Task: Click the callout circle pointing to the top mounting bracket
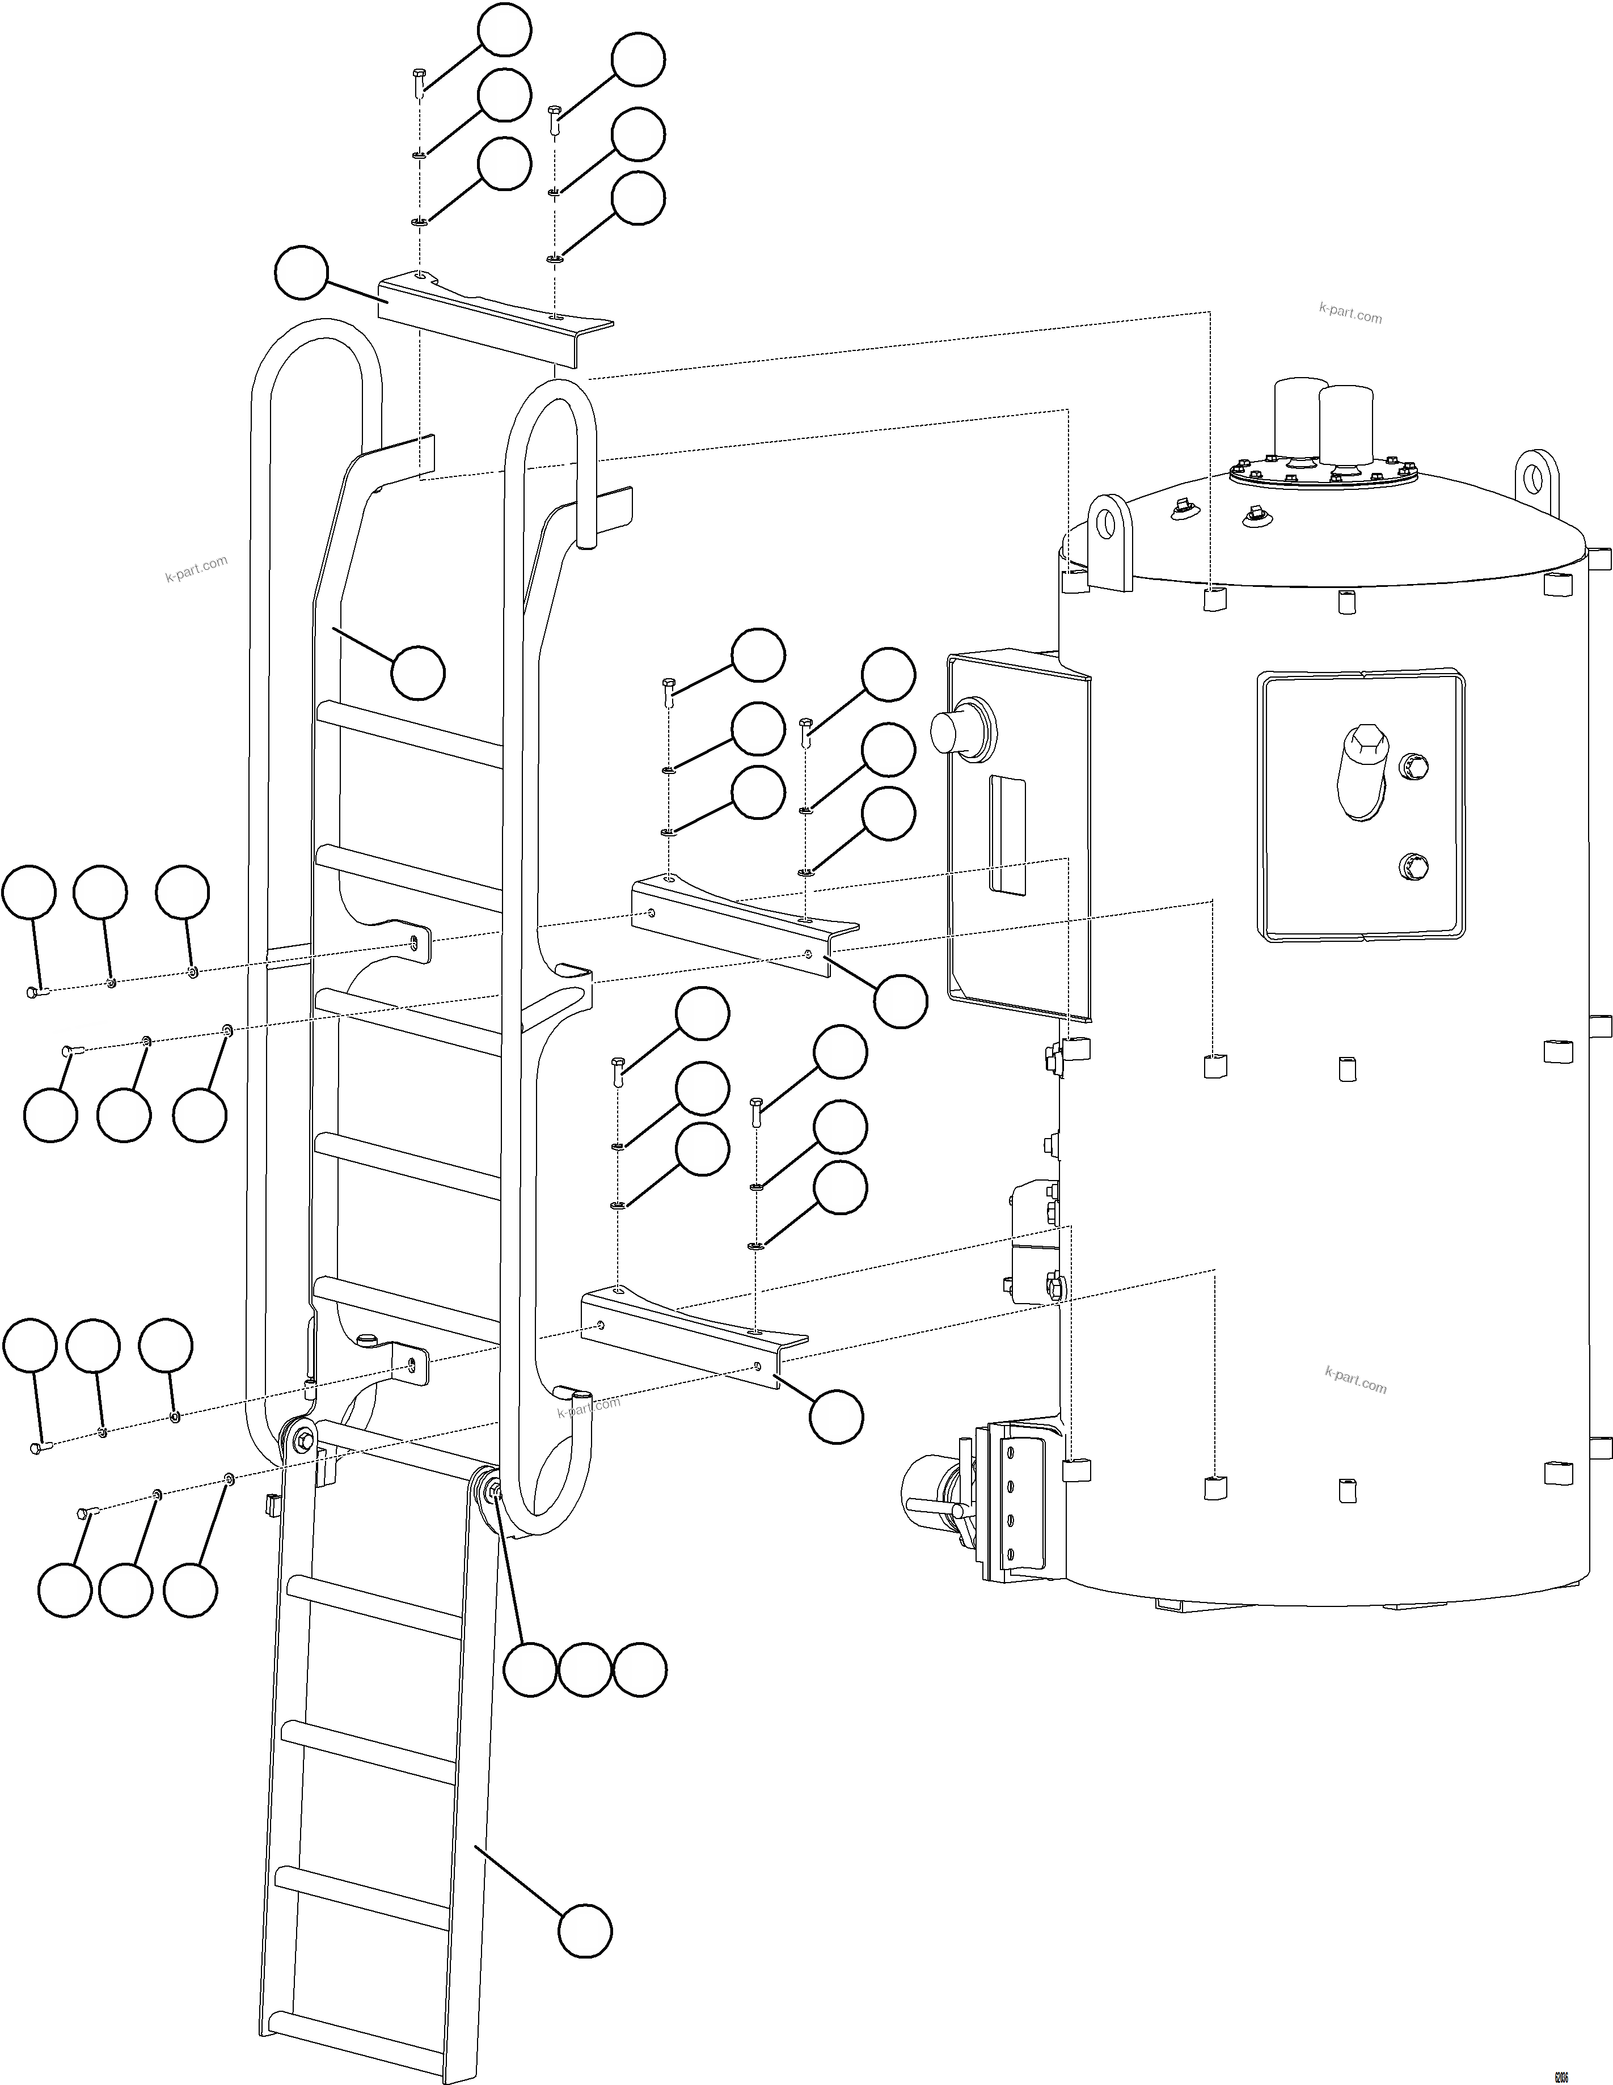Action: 301,272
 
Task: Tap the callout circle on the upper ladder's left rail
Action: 417,672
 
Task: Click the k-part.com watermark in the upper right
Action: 1349,312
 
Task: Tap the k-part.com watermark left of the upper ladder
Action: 196,569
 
